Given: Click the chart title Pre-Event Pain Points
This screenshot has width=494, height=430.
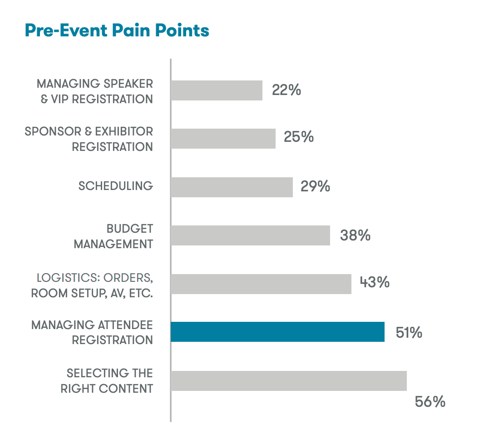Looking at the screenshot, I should tap(117, 30).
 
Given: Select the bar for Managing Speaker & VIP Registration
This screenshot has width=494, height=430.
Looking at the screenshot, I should tap(217, 90).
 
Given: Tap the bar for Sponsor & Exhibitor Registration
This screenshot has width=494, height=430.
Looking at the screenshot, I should tap(223, 139).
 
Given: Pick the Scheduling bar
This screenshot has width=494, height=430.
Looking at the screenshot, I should tap(232, 187).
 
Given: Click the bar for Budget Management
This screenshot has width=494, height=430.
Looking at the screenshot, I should tap(250, 235).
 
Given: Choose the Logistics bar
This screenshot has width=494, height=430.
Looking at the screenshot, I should tap(261, 284).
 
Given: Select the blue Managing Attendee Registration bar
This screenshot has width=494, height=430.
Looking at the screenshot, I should tap(277, 332).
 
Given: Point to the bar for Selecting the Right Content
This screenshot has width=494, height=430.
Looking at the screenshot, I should tap(289, 380).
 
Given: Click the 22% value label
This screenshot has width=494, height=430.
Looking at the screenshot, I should tap(287, 90).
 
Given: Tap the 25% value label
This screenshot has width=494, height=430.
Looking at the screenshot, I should tap(299, 137).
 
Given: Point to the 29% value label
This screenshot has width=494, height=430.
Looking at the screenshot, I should tap(315, 186).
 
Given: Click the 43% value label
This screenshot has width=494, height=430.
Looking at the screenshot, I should tap(375, 282).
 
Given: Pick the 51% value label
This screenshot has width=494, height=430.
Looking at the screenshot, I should tap(409, 333).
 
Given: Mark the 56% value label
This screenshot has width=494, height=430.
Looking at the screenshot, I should tap(430, 402).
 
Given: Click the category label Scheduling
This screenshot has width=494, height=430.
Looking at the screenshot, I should tap(116, 186).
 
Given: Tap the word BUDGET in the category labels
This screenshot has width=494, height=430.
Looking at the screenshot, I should tap(130, 228).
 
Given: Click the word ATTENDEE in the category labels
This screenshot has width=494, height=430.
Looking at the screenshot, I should tap(125, 325).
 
